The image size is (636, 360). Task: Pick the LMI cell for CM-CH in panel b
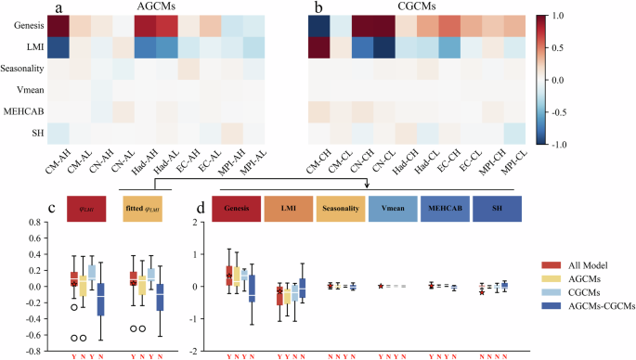click(x=318, y=49)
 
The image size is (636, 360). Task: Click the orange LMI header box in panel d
click(x=289, y=209)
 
